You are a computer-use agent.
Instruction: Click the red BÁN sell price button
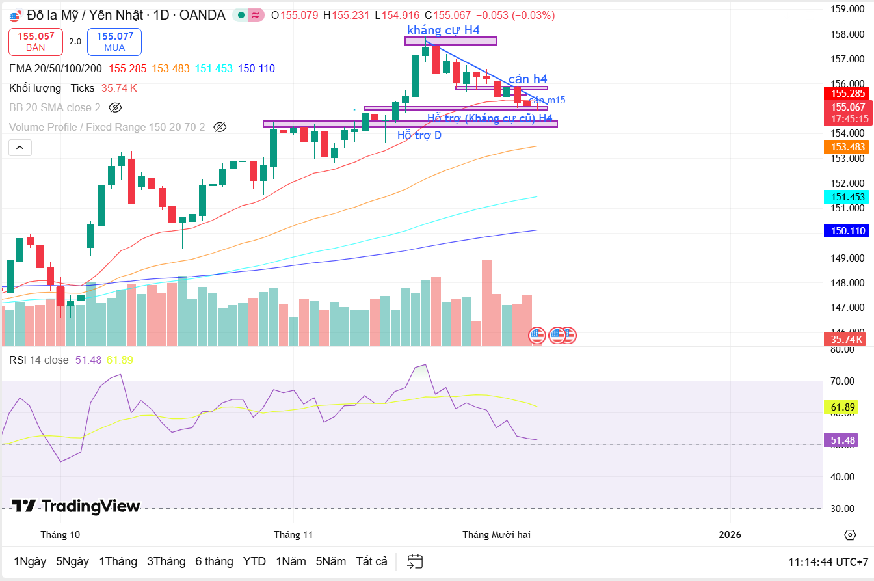click(36, 42)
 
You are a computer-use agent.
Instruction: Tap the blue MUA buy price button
click(114, 42)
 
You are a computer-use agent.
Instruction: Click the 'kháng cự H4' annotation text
click(444, 30)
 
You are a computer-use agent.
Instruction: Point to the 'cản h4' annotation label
click(527, 79)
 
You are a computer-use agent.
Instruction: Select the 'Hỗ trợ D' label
click(419, 135)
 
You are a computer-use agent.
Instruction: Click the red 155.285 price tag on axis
click(846, 94)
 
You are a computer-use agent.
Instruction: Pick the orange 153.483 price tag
click(846, 147)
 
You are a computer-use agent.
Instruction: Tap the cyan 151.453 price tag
click(846, 197)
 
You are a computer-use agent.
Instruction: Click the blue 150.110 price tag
click(846, 231)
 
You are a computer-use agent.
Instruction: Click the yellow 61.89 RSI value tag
click(843, 408)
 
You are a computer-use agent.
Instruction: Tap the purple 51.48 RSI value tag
click(843, 440)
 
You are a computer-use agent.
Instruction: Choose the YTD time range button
click(254, 561)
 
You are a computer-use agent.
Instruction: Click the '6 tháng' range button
click(214, 561)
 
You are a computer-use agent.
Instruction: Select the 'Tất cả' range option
click(371, 561)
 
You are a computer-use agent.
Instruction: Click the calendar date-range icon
click(415, 561)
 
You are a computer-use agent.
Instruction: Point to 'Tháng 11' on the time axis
click(293, 535)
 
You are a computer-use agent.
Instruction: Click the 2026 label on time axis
click(730, 535)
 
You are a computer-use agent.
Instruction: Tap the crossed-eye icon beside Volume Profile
click(220, 128)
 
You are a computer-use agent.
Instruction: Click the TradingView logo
click(76, 506)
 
